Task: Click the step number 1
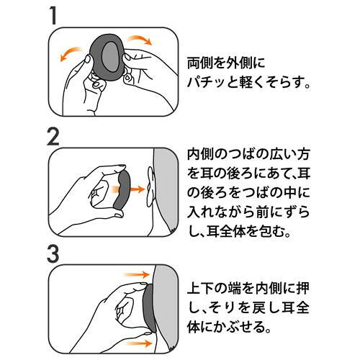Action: [x=54, y=15]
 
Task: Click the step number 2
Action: [x=53, y=137]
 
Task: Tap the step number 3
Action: [x=53, y=254]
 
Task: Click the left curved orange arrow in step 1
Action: [x=71, y=53]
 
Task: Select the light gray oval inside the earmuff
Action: [x=110, y=58]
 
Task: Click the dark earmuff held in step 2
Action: [x=124, y=189]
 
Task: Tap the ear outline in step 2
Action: [x=150, y=186]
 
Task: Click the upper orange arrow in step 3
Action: [x=136, y=274]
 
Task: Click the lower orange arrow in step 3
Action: [x=138, y=343]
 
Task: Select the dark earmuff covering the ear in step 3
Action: [x=150, y=308]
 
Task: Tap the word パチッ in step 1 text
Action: [x=207, y=82]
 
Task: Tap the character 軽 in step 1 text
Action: [x=245, y=82]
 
